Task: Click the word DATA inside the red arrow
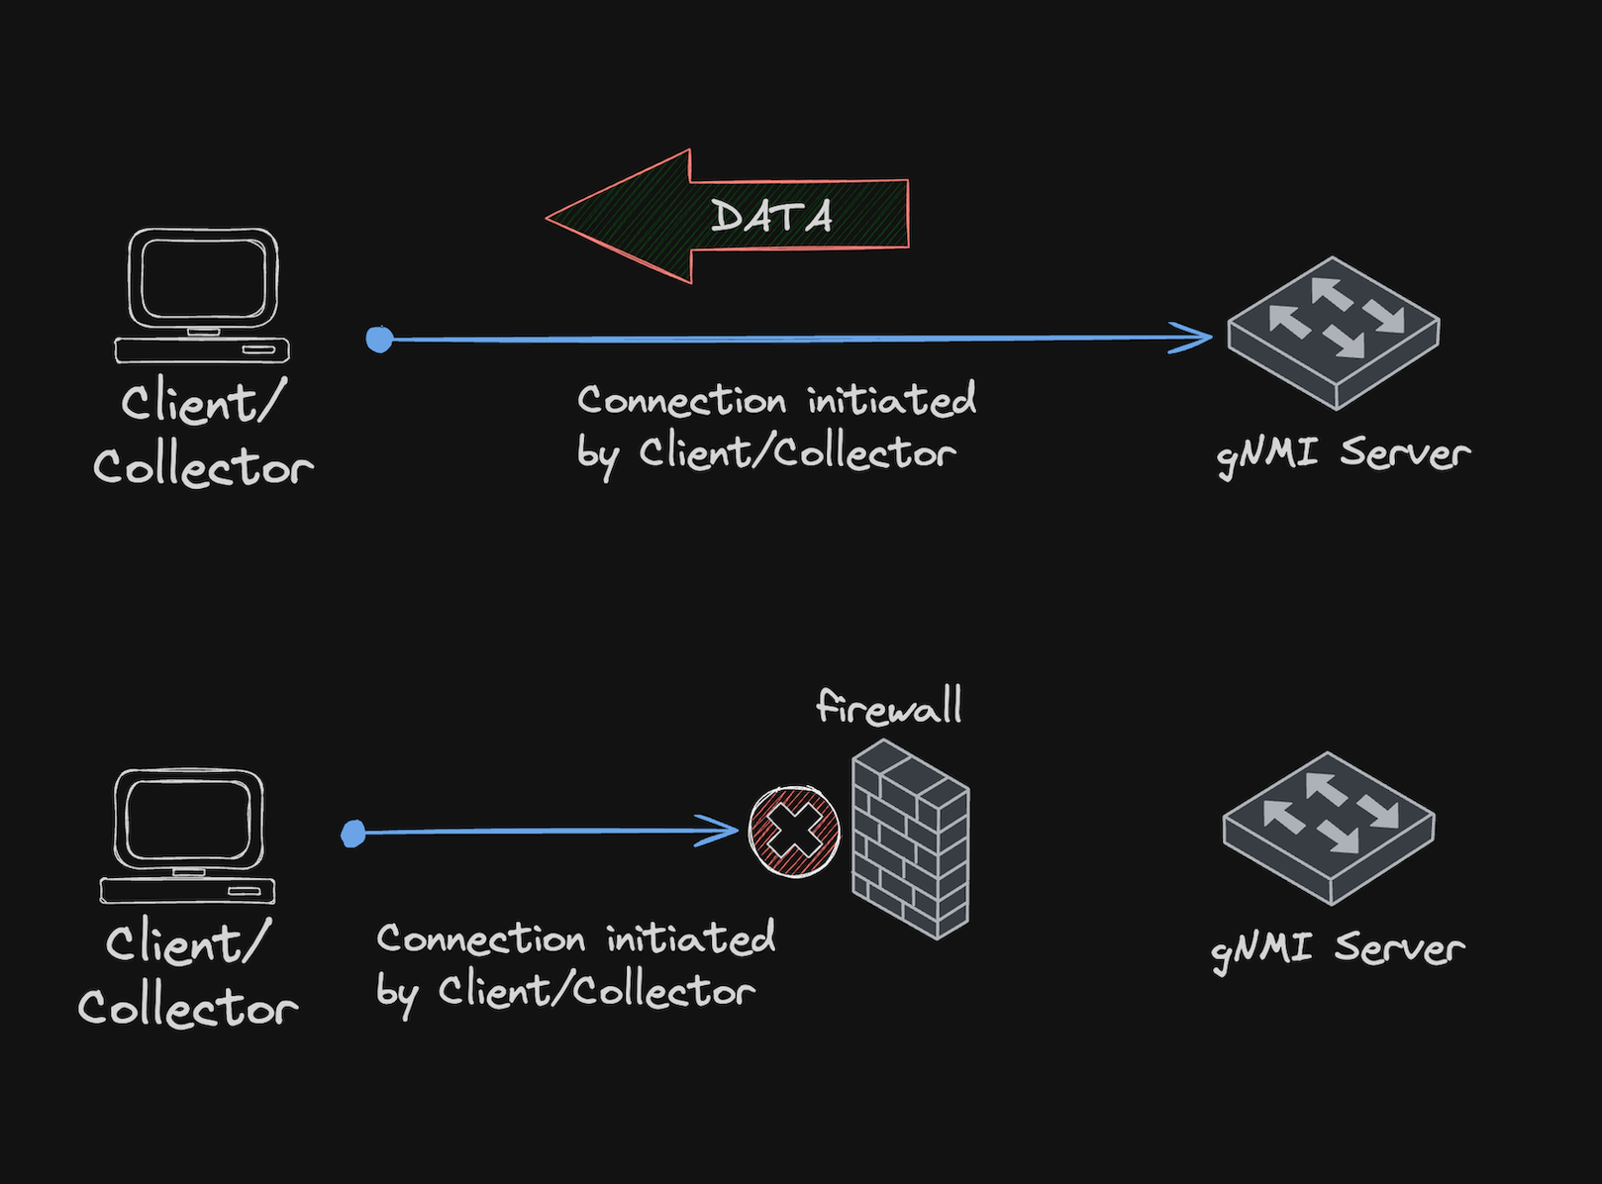771,217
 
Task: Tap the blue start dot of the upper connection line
379,340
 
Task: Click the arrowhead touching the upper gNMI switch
1193,338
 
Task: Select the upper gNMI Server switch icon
1334,333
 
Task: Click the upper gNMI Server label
1343,454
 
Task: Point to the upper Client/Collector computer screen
203,278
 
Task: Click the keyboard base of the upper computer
202,350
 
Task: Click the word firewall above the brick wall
888,707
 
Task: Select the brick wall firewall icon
910,840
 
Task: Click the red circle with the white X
794,832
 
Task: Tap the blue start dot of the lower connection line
353,834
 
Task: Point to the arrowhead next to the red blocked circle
720,831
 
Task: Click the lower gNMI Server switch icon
1329,828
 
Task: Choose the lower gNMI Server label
1338,949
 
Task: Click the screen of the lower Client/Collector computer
188,819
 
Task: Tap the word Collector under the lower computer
188,1007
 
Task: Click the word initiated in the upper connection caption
891,400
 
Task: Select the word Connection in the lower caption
481,938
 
